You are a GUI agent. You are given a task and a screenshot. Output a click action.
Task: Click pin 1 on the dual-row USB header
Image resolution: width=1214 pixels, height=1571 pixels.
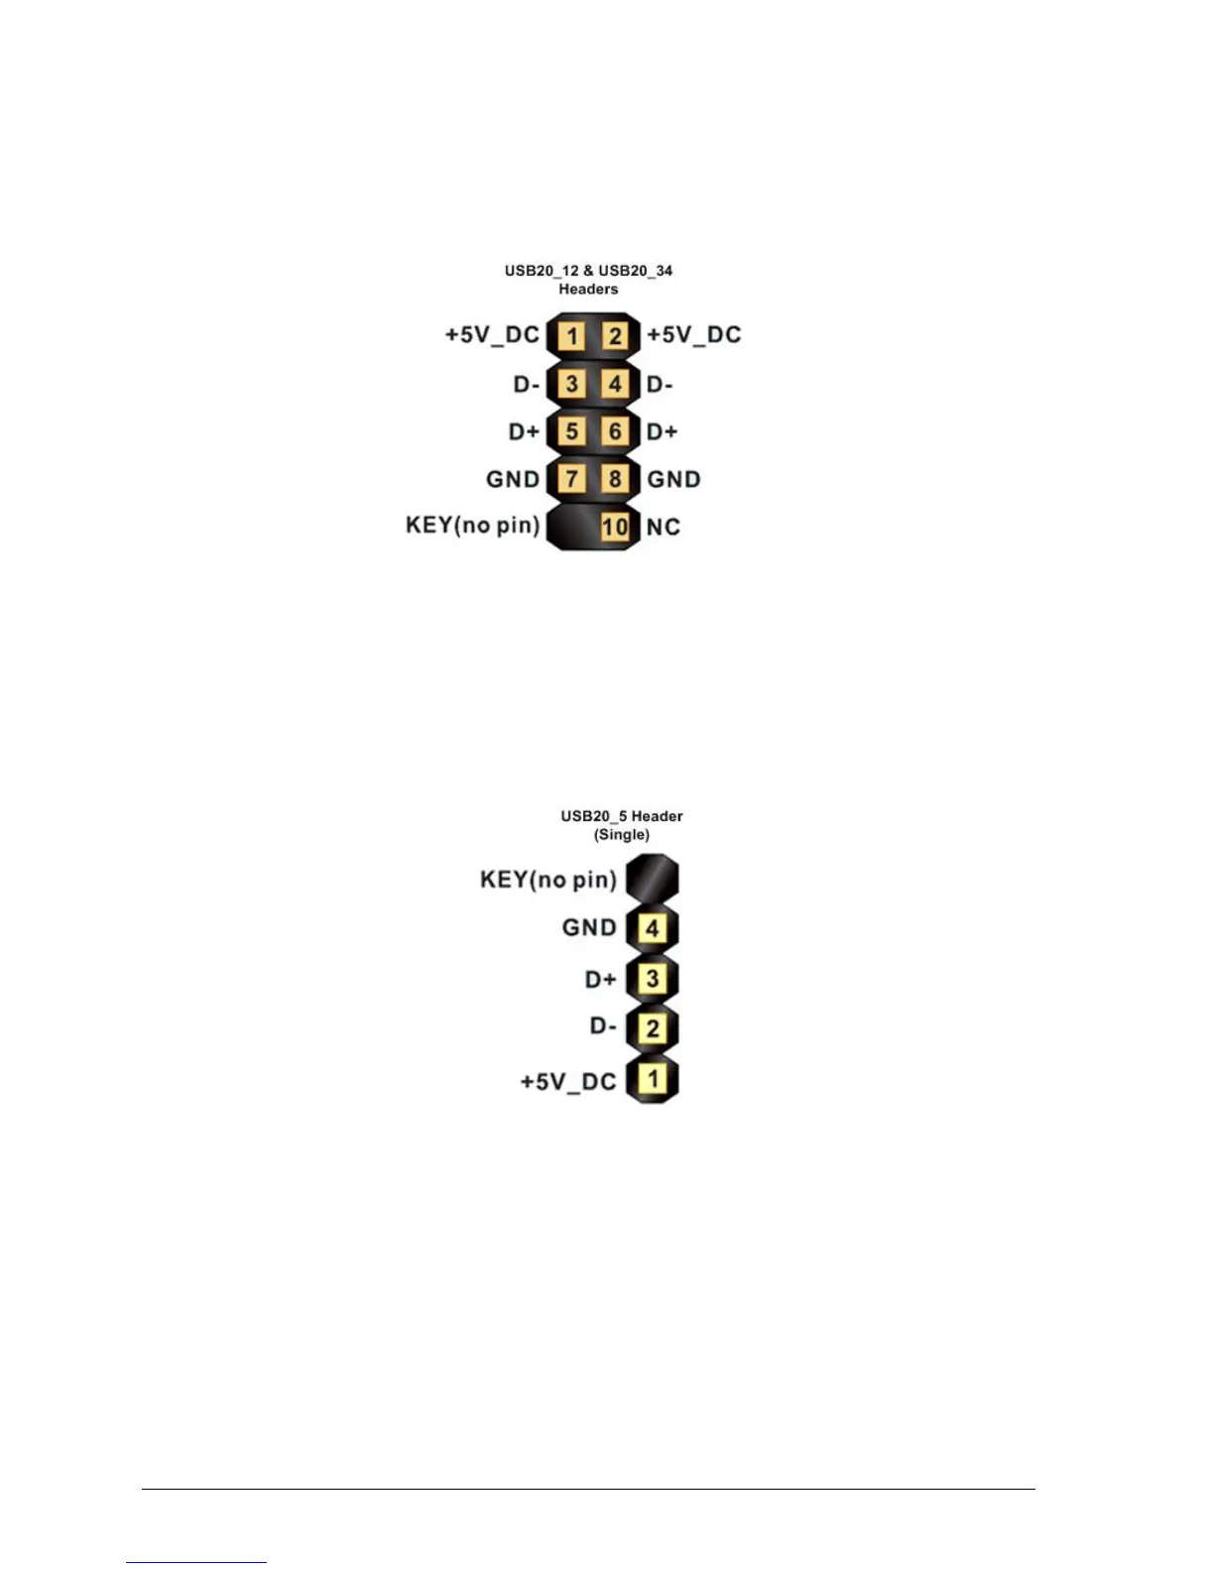pyautogui.click(x=571, y=335)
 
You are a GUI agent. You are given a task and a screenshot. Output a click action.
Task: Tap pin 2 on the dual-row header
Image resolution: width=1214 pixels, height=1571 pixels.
pyautogui.click(x=615, y=335)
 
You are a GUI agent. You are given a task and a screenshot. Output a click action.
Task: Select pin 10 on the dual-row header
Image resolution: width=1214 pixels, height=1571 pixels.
pyautogui.click(x=615, y=527)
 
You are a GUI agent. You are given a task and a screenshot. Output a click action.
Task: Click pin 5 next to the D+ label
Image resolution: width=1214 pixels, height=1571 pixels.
pyautogui.click(x=571, y=431)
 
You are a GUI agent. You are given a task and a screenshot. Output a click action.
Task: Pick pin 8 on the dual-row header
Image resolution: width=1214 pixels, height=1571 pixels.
pyautogui.click(x=615, y=479)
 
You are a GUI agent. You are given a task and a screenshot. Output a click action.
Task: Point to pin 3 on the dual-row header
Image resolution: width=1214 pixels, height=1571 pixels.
pyautogui.click(x=571, y=384)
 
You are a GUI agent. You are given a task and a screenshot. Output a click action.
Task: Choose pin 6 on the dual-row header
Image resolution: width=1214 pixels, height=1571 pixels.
pyautogui.click(x=615, y=431)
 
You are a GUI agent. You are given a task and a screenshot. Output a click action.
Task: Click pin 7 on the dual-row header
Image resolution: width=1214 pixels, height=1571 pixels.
pyautogui.click(x=571, y=479)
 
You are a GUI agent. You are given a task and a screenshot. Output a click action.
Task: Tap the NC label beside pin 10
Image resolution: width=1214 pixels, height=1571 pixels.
pyautogui.click(x=663, y=528)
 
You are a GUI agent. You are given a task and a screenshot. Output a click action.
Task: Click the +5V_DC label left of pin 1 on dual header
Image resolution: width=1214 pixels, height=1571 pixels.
pyautogui.click(x=492, y=334)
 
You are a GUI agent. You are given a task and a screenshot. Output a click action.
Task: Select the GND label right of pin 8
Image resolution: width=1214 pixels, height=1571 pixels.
pyautogui.click(x=673, y=480)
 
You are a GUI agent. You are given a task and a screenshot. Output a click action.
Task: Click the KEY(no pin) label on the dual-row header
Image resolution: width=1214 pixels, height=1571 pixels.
pyautogui.click(x=472, y=525)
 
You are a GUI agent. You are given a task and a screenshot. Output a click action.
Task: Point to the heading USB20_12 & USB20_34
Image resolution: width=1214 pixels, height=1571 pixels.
pyautogui.click(x=588, y=270)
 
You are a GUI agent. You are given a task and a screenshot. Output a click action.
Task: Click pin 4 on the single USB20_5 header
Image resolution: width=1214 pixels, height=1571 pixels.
pyautogui.click(x=652, y=928)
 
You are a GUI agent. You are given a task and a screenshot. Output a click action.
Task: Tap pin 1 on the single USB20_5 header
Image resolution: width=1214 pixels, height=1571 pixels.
pyautogui.click(x=652, y=1078)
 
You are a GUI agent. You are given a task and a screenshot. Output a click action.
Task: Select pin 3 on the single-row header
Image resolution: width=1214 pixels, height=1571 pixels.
pyautogui.click(x=652, y=978)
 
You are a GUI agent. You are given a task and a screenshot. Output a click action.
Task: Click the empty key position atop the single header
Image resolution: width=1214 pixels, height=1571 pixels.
pyautogui.click(x=652, y=878)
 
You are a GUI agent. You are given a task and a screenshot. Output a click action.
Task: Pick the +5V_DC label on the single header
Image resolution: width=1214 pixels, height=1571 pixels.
pyautogui.click(x=568, y=1081)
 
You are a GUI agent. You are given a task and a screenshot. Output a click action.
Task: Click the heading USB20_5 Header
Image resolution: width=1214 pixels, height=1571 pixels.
pyautogui.click(x=622, y=816)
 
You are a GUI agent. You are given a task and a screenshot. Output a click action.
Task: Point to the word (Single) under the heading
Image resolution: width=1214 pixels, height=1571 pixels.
pyautogui.click(x=622, y=835)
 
